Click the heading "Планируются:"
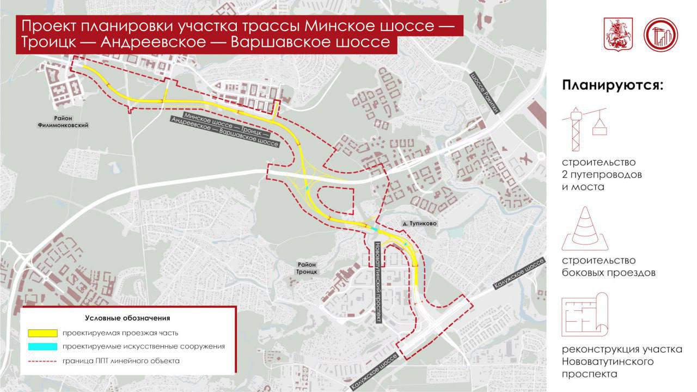(x=613, y=85)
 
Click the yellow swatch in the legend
(x=43, y=333)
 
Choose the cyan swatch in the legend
(x=43, y=346)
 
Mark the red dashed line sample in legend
(x=43, y=360)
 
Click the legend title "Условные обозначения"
(x=128, y=318)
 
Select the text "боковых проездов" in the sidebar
(x=608, y=273)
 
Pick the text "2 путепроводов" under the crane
(x=602, y=175)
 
